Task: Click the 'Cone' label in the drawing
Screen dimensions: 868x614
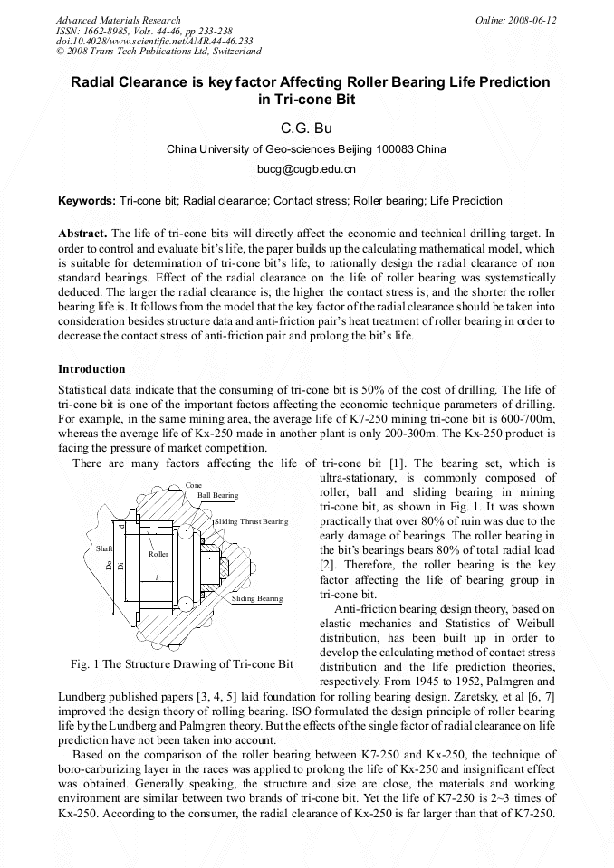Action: coord(194,486)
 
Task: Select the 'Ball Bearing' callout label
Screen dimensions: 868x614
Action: coord(217,496)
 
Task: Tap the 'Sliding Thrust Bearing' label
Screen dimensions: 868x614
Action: coord(252,522)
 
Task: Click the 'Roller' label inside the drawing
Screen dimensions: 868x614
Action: coord(158,553)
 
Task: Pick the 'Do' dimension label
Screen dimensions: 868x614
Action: coord(108,568)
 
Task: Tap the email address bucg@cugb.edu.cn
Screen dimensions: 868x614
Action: coord(307,168)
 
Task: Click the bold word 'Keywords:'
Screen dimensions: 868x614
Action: coord(87,201)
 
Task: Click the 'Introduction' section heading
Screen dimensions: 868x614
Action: coord(91,369)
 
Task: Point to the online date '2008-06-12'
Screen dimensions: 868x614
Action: coord(534,20)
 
